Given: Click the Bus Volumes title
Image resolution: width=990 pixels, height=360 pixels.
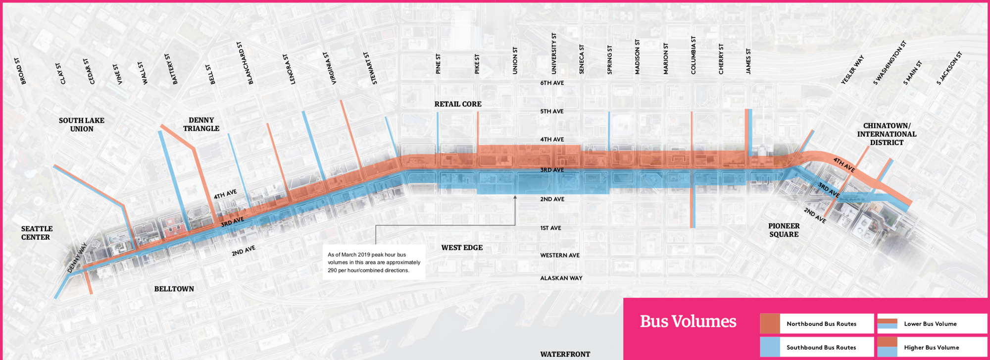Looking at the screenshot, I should pyautogui.click(x=688, y=322).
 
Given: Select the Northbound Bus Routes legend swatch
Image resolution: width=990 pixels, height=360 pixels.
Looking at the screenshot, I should pyautogui.click(x=770, y=324).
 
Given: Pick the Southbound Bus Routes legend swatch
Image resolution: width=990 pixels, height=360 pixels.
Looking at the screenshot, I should pyautogui.click(x=770, y=347).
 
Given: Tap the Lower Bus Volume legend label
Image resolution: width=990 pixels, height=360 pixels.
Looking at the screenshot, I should pyautogui.click(x=930, y=324).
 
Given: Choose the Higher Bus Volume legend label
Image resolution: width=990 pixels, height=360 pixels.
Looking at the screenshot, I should pyautogui.click(x=931, y=348).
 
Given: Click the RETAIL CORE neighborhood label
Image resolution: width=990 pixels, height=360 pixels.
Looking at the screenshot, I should pyautogui.click(x=458, y=104).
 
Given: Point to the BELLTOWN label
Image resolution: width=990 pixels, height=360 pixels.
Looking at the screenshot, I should pyautogui.click(x=174, y=289).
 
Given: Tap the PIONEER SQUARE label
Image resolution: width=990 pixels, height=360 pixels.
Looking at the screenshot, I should pyautogui.click(x=784, y=230).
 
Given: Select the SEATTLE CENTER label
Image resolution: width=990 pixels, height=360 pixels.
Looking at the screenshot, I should pyautogui.click(x=37, y=233).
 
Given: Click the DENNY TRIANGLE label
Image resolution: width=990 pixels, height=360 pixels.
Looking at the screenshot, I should pyautogui.click(x=201, y=124).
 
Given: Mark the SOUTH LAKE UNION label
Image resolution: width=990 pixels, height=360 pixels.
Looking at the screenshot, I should pyautogui.click(x=82, y=124).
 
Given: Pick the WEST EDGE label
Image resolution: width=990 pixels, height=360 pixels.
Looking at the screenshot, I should pyautogui.click(x=462, y=248).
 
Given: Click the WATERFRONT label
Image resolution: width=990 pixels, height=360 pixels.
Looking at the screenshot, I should pyautogui.click(x=565, y=354).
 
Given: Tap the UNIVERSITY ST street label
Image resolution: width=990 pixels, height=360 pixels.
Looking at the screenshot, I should pyautogui.click(x=554, y=53).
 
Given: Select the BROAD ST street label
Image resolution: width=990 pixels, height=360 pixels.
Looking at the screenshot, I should pyautogui.click(x=20, y=71).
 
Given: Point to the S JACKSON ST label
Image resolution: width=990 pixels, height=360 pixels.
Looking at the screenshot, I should pyautogui.click(x=949, y=68).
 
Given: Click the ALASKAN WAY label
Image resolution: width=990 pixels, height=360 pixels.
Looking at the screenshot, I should pyautogui.click(x=561, y=278).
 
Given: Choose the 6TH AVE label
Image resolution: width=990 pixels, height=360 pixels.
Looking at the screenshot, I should pyautogui.click(x=552, y=83).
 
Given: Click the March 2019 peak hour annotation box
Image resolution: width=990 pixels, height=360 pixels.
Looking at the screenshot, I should pyautogui.click(x=374, y=262).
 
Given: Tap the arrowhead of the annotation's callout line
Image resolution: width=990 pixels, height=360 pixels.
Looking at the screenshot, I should pyautogui.click(x=515, y=197).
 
